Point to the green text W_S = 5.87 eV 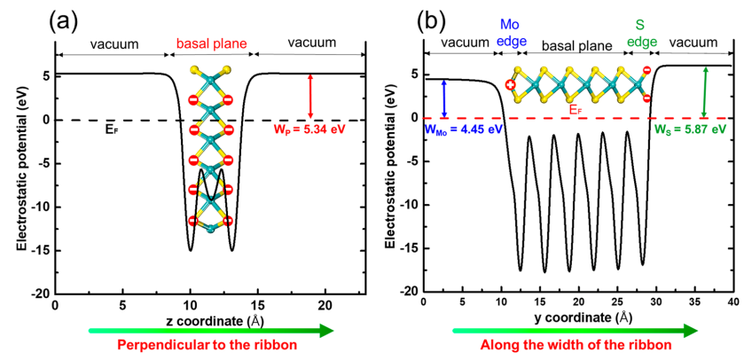click(x=694, y=129)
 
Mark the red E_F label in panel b click(x=576, y=109)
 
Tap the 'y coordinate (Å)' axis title click(x=577, y=317)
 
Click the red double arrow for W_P click(x=310, y=96)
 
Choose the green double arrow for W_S click(x=704, y=91)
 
